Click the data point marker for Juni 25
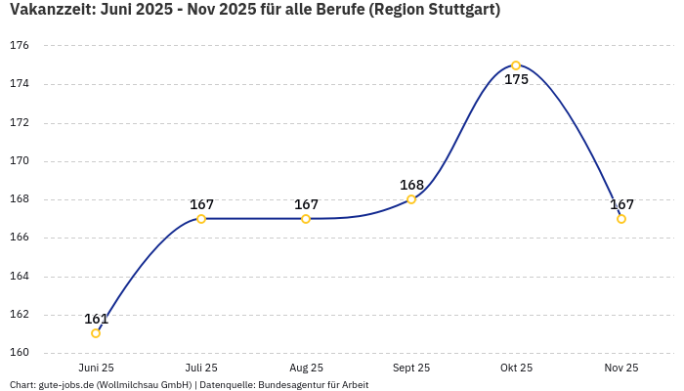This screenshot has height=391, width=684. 96,333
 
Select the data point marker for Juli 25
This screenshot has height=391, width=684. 201,219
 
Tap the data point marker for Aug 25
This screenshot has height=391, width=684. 306,219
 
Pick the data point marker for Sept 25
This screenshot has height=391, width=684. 411,199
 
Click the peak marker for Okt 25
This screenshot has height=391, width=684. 516,65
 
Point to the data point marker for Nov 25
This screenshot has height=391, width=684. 621,219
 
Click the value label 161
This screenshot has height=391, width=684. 96,319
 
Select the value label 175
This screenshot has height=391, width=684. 516,79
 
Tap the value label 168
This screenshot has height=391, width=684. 411,185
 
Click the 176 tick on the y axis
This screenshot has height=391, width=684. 20,46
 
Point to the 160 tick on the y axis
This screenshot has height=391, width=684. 20,353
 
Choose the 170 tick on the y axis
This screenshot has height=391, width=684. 20,161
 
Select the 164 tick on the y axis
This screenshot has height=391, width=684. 20,277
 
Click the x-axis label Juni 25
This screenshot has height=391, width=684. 96,368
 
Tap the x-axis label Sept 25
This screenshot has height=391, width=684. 411,368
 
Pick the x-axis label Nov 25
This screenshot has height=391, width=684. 621,368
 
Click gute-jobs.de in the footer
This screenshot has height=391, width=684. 65,385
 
